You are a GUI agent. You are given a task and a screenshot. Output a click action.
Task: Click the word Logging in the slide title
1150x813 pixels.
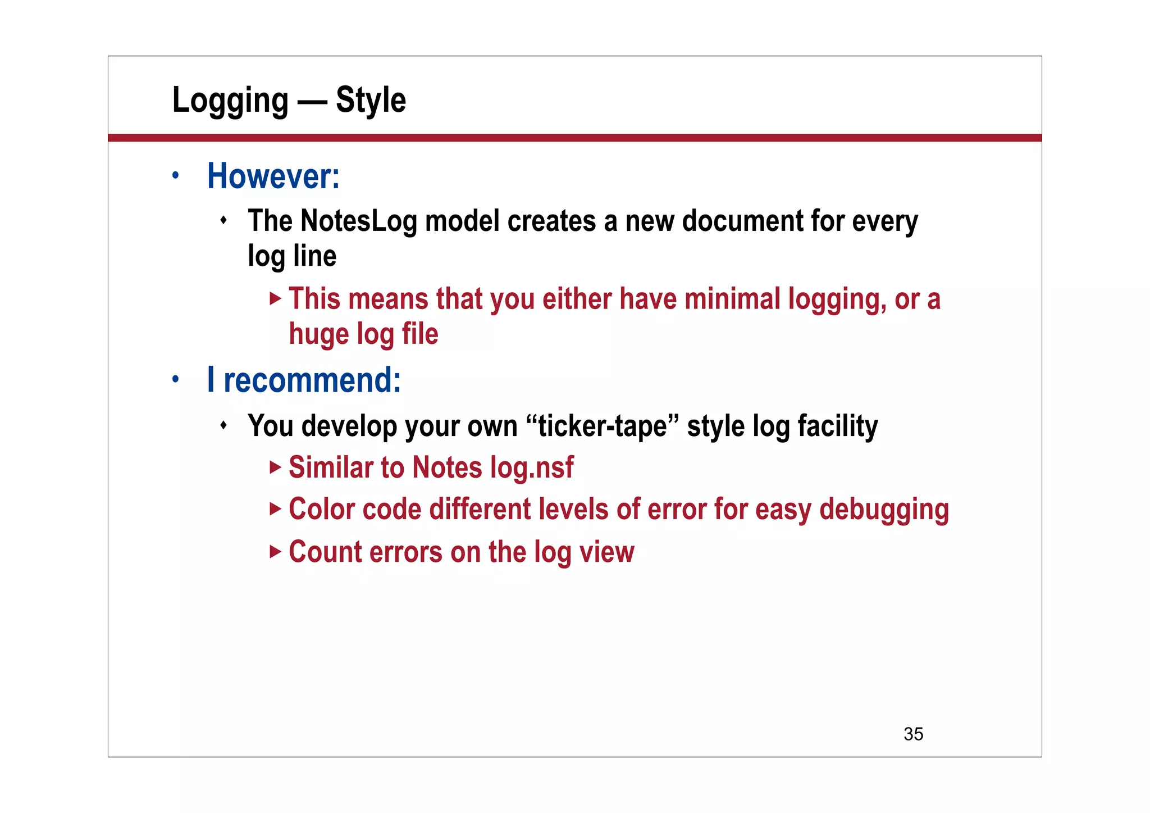point(230,101)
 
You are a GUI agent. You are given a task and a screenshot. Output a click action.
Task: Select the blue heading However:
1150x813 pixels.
point(273,176)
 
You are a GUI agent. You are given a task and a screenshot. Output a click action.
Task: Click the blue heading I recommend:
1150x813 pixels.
point(304,380)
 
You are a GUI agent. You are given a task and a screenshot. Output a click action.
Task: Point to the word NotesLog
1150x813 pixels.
point(359,221)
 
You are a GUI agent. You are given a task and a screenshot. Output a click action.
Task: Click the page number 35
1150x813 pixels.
point(913,734)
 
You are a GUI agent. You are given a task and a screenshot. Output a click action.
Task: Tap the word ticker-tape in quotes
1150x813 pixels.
point(603,426)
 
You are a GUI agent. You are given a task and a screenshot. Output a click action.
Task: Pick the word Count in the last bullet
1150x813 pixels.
point(325,552)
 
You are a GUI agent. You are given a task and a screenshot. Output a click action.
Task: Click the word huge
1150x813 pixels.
point(318,334)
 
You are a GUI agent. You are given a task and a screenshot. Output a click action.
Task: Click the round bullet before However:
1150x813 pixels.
point(176,175)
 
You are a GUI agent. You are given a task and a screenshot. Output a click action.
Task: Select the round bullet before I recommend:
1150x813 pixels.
point(176,379)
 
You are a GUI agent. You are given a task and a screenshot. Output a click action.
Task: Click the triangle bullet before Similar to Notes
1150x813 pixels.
point(275,467)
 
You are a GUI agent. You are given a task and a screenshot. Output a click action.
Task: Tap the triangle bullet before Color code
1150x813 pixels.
point(275,509)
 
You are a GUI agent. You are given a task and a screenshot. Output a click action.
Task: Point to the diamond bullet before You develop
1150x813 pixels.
point(223,425)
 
